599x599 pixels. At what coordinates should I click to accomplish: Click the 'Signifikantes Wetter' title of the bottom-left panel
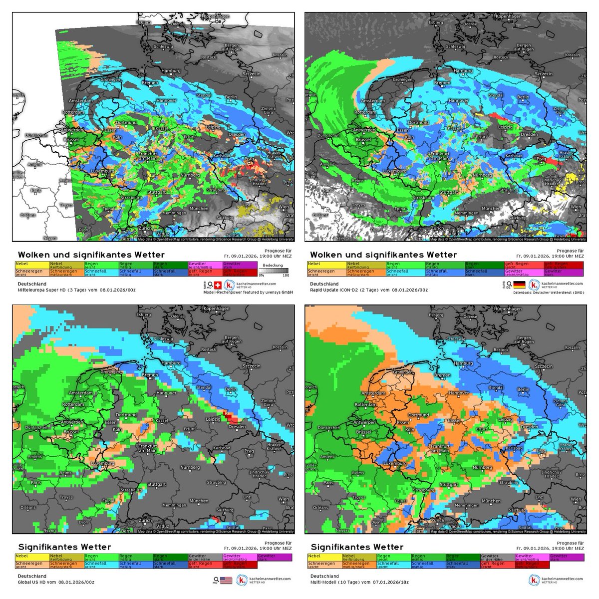coord(64,547)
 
